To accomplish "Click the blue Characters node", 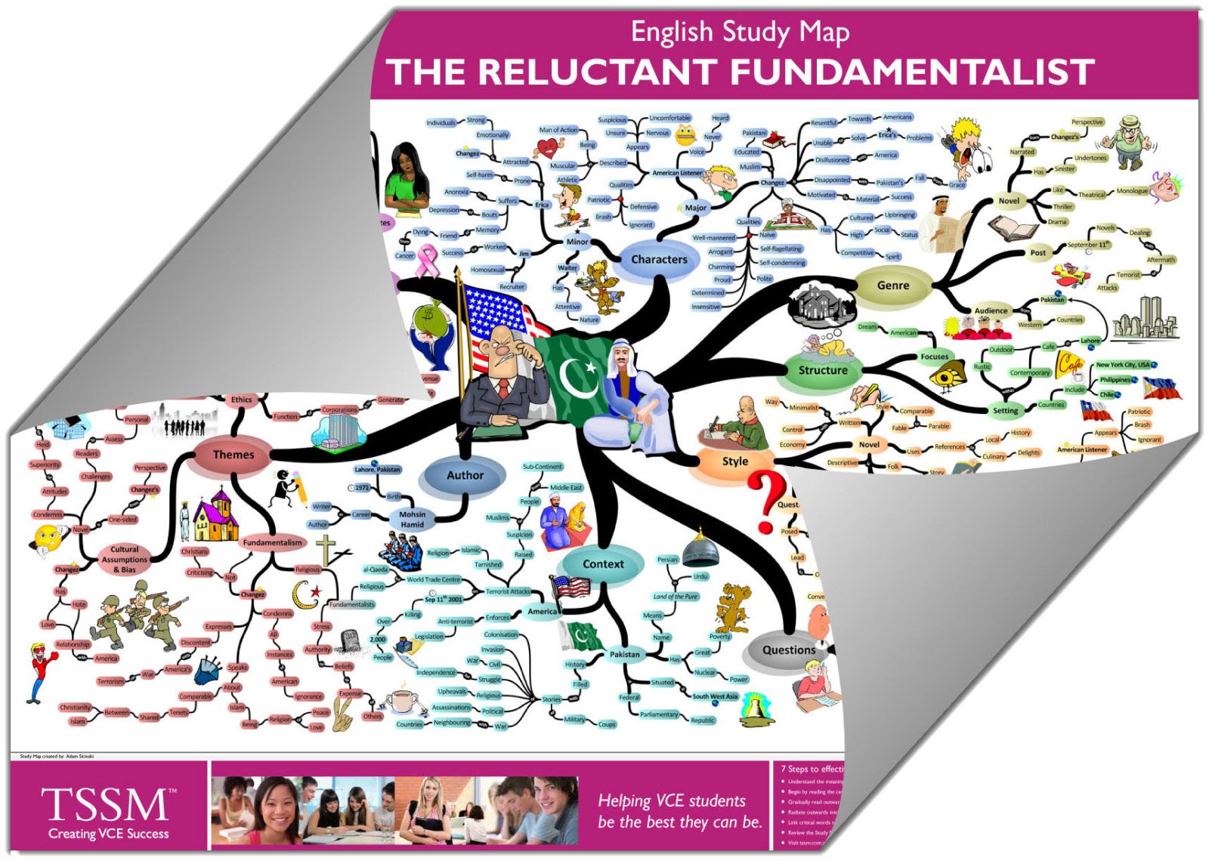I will point(659,259).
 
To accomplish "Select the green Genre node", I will point(892,285).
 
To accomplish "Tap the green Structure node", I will point(823,370).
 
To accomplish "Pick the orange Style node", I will point(734,461).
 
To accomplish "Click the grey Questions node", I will point(788,650).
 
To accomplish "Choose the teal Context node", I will point(602,564).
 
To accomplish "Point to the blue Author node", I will point(465,475).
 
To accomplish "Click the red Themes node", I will point(233,455).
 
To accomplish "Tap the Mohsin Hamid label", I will point(413,520).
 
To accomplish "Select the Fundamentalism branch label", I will point(272,542).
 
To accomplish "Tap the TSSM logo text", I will point(106,805).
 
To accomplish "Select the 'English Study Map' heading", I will point(740,32).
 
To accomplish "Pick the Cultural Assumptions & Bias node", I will point(125,560).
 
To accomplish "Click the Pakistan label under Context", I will point(625,654).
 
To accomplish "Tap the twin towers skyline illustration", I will point(1144,317).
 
